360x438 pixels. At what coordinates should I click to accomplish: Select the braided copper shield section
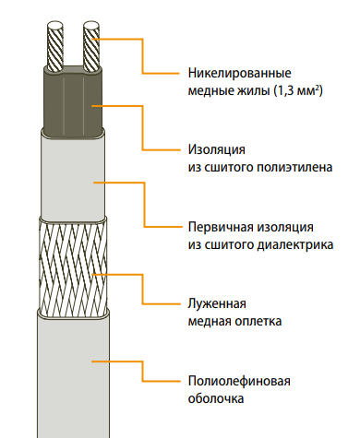pos(73,266)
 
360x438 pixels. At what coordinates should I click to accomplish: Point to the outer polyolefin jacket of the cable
pos(73,376)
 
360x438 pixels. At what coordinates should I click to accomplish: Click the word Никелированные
pos(239,74)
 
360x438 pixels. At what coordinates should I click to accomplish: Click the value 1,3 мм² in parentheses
pos(298,91)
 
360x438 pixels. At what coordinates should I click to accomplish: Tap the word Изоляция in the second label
pos(217,150)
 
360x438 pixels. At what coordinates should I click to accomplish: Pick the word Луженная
pos(217,303)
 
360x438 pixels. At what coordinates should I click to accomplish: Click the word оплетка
pos(258,322)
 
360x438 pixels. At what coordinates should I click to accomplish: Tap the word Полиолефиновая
pos(239,381)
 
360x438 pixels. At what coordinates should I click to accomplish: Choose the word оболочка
pos(216,398)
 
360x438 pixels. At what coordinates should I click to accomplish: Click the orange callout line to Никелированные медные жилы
pos(142,55)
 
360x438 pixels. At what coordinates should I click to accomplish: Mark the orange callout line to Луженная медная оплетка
pos(142,289)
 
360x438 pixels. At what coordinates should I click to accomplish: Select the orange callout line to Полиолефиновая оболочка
pos(142,372)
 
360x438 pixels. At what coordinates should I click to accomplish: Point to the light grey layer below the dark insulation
pos(73,177)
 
